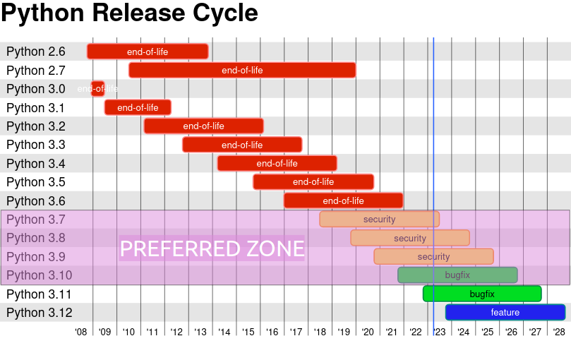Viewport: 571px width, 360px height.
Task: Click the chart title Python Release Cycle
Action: pos(129,13)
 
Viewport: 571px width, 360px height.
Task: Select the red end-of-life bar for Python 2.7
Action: pos(242,70)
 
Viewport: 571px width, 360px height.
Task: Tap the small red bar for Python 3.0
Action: pos(98,88)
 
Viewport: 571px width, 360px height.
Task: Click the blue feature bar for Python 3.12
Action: pos(505,312)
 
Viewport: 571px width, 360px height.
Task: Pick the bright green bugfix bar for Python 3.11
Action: pos(482,294)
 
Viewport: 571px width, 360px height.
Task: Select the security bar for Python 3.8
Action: pos(410,238)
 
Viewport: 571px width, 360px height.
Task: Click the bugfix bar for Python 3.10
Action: pos(457,275)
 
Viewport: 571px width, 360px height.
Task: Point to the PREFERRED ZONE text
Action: pos(212,248)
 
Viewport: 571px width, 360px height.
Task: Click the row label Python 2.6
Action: pos(36,52)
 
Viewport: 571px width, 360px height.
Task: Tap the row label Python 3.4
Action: pos(36,164)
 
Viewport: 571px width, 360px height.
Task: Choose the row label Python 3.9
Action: pos(36,257)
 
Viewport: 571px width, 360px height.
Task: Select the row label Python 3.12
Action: pos(39,313)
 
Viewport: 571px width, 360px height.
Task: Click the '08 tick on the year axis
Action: pos(80,332)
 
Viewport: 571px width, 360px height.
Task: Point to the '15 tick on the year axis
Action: pos(248,332)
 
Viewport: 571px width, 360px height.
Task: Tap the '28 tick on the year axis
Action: pos(559,332)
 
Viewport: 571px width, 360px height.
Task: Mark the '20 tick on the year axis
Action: pos(368,332)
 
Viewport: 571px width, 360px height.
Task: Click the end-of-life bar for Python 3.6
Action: pos(343,200)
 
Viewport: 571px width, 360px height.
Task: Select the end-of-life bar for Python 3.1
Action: pos(138,107)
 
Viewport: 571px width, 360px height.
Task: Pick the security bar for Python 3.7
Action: pos(379,219)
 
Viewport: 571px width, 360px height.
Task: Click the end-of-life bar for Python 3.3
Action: pos(242,145)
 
